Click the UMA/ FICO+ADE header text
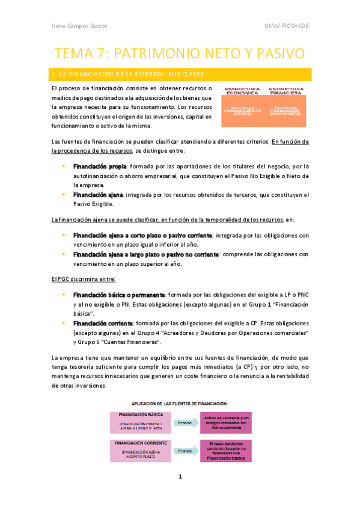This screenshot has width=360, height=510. [x=287, y=25]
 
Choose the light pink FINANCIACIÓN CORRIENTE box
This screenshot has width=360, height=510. [x=141, y=450]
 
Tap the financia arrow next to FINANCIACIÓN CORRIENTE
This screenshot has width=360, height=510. [x=187, y=450]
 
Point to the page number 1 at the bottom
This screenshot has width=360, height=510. [x=180, y=477]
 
